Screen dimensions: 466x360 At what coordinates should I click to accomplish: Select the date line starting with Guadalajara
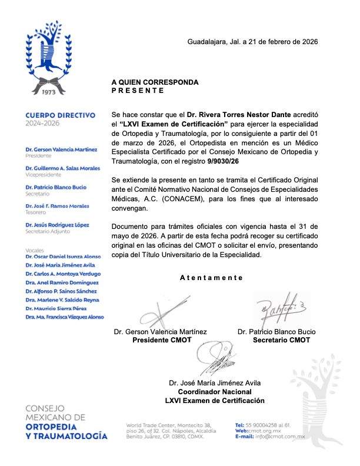(x=252, y=42)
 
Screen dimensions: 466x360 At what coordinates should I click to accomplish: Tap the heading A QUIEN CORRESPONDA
(x=155, y=82)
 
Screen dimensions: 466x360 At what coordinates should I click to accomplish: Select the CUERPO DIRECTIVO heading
(x=65, y=116)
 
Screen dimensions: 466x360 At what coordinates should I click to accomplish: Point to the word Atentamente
(x=211, y=278)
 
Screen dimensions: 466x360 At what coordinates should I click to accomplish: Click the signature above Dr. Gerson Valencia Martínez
(x=158, y=311)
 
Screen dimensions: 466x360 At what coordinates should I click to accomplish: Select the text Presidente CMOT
(x=161, y=340)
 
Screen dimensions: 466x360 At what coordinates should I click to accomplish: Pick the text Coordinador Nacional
(x=214, y=392)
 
